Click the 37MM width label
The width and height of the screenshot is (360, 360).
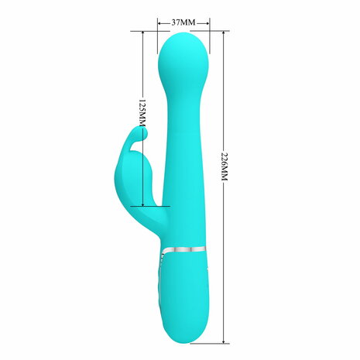coord(183,23)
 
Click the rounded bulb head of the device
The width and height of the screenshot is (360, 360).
coord(183,62)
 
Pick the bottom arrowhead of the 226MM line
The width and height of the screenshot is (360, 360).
coord(225,339)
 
